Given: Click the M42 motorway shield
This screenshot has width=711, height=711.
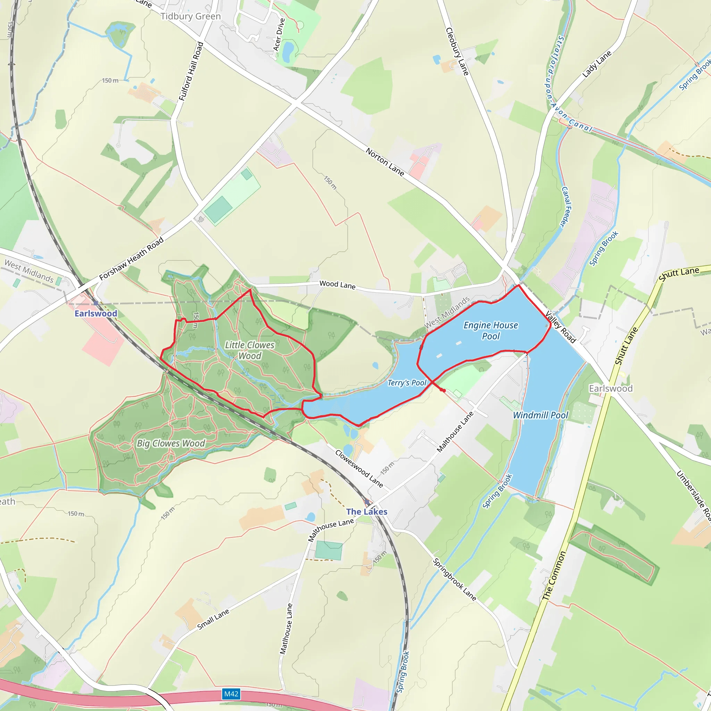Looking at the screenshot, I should [x=231, y=694].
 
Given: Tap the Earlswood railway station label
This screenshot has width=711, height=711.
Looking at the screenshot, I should [x=96, y=313].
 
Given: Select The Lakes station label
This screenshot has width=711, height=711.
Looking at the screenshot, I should [x=367, y=511].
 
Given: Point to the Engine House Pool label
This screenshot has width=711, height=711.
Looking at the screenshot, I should [x=491, y=331].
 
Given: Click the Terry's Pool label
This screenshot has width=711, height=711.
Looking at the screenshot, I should [x=407, y=383].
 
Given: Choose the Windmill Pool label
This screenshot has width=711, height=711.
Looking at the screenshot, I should [x=541, y=415].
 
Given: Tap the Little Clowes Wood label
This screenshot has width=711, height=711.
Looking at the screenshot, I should [x=250, y=350].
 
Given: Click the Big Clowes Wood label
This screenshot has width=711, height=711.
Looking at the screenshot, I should [x=171, y=443].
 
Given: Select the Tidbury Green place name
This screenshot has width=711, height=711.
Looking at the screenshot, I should [x=191, y=16].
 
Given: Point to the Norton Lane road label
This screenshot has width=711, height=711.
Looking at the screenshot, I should [x=385, y=162].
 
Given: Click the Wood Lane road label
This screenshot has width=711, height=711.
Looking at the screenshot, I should [x=337, y=285].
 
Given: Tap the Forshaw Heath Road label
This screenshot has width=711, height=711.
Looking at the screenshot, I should [x=131, y=259].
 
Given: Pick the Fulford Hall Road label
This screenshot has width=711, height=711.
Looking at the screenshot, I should [x=191, y=72].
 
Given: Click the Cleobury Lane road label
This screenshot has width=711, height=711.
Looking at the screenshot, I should [x=458, y=51].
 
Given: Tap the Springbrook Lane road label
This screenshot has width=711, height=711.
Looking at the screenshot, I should [x=454, y=580].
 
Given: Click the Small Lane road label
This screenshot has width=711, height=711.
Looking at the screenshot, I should [x=213, y=619].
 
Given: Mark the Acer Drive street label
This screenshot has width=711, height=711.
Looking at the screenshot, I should [x=279, y=35].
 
